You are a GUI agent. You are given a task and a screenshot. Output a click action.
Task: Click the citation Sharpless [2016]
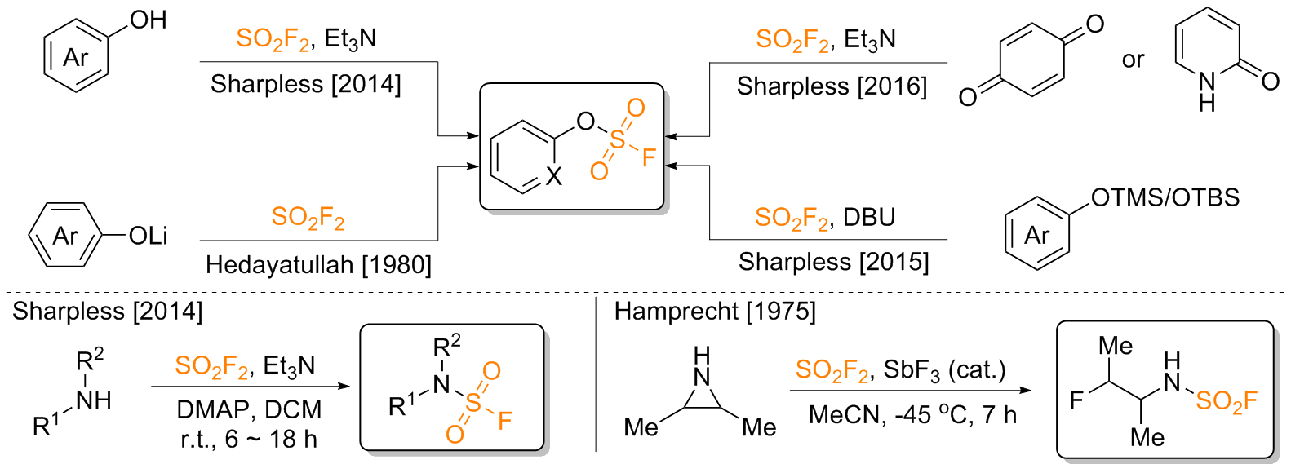click(832, 86)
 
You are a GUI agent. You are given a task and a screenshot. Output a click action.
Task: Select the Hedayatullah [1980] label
click(318, 265)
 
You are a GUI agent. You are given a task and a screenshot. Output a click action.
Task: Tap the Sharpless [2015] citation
click(833, 262)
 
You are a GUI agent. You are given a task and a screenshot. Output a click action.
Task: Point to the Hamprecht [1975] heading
click(715, 311)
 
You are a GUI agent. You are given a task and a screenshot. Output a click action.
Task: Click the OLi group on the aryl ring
click(148, 236)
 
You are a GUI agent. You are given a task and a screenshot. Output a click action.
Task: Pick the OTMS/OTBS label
click(1165, 197)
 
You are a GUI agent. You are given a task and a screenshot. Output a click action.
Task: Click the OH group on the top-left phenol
click(149, 20)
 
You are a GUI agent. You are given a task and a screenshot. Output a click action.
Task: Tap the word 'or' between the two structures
click(1133, 60)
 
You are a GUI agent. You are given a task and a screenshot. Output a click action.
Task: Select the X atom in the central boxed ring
click(554, 177)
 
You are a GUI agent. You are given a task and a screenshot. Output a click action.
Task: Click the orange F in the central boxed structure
click(649, 157)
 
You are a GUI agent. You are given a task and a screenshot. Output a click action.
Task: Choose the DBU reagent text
click(869, 218)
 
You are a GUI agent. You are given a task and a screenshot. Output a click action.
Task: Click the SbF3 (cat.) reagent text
click(944, 370)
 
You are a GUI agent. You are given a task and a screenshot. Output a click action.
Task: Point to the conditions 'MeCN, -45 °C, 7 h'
click(912, 415)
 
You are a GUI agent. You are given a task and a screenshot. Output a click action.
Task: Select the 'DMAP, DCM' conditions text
click(249, 409)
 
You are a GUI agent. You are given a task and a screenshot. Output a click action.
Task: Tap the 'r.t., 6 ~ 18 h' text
click(249, 440)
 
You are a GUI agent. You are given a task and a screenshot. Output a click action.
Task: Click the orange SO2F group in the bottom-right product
click(1226, 400)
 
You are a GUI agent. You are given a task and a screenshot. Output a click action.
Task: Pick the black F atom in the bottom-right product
click(1076, 400)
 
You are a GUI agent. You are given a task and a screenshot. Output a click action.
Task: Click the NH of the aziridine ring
click(702, 367)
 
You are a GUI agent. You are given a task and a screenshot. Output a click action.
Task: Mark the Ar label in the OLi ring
click(65, 236)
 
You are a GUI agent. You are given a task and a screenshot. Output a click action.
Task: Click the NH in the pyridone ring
click(1207, 90)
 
